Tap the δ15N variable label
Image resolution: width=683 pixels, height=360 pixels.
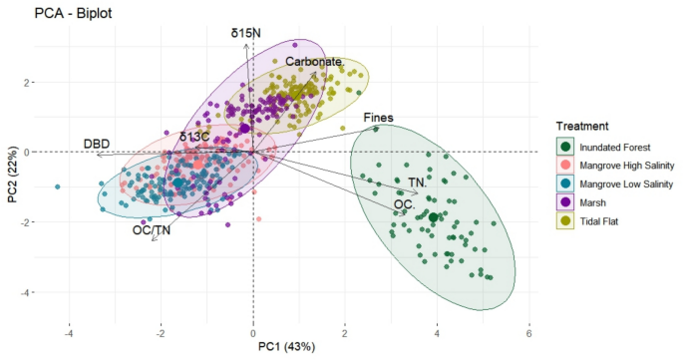245,33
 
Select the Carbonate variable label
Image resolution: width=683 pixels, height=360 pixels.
314,61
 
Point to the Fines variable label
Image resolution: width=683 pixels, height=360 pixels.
378,118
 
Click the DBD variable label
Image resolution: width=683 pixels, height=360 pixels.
96,144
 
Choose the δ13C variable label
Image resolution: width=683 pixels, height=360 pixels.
195,137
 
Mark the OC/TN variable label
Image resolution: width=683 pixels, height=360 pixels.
150,230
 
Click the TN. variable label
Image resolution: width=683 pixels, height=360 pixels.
418,183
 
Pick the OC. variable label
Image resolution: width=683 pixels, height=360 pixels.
404,203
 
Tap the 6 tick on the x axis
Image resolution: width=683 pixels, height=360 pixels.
528,332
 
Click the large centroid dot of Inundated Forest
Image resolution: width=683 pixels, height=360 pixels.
433,216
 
